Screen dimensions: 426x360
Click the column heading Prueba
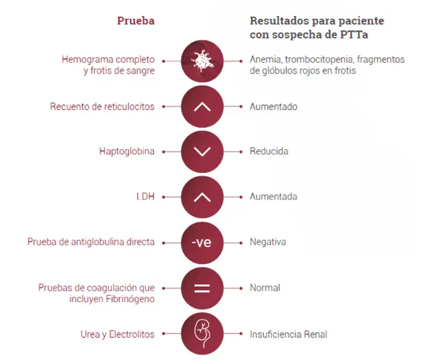[x=136, y=21]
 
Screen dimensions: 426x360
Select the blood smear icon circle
[x=202, y=61]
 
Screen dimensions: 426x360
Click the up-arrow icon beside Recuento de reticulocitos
[x=202, y=106]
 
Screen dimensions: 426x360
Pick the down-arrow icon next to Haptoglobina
[x=202, y=152]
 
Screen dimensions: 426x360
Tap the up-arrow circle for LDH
[x=202, y=197]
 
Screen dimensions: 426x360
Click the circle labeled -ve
[x=202, y=243]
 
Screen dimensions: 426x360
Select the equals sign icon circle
[x=202, y=288]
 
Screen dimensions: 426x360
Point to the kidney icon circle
[x=202, y=333]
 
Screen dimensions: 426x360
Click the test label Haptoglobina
[x=126, y=151]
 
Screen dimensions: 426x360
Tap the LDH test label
[x=145, y=196]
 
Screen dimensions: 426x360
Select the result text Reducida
[x=269, y=151]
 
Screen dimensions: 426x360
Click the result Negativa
[x=268, y=242]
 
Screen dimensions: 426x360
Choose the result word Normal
[x=265, y=287]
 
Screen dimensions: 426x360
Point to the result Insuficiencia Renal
[x=288, y=334]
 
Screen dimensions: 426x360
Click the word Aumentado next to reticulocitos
[x=274, y=106]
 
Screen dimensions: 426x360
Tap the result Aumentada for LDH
[x=274, y=196]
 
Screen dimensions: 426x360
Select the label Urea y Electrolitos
[x=117, y=335]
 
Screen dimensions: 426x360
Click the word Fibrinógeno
[x=130, y=299]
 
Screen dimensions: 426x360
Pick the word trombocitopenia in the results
[x=319, y=59]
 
